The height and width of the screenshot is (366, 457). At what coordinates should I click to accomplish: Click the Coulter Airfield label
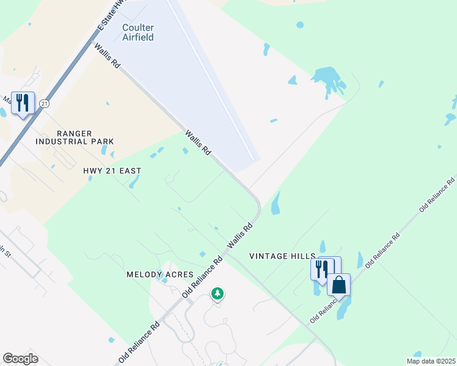coord(137,32)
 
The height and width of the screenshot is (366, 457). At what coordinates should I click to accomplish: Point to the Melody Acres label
coord(159,275)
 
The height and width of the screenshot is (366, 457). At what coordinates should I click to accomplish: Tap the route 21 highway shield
coord(44,104)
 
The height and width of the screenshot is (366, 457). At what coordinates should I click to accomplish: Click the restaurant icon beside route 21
coord(23,102)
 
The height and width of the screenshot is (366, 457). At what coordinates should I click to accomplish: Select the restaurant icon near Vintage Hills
coord(322,268)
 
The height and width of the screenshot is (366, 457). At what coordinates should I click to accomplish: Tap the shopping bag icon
coord(339,284)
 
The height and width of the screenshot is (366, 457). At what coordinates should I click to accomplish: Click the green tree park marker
coord(217,294)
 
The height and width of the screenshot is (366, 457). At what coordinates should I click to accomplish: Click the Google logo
coord(20,359)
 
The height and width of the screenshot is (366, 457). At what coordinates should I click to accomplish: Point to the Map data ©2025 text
coord(430,361)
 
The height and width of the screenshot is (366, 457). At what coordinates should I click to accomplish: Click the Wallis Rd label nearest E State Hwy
coord(106,55)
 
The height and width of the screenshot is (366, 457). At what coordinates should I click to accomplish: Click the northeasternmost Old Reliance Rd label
coord(437,194)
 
